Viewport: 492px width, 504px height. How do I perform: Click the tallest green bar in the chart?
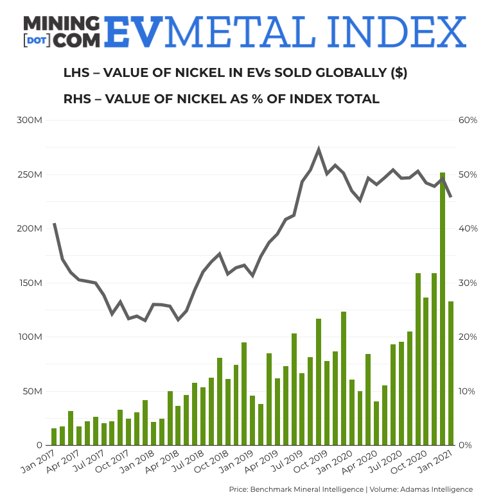click(442, 308)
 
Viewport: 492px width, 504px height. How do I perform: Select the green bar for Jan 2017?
click(54, 437)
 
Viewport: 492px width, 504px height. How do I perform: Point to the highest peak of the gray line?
click(319, 149)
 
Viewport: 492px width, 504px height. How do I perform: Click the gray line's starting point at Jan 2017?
click(54, 224)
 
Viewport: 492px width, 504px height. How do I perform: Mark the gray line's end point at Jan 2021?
click(450, 196)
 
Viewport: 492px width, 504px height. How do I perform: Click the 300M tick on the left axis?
click(29, 121)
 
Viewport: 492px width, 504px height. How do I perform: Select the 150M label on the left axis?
click(29, 283)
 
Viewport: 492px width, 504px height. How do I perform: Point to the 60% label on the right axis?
click(466, 121)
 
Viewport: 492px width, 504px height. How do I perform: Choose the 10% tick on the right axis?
click(466, 391)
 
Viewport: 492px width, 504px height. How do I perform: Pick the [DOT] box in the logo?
click(36, 40)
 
